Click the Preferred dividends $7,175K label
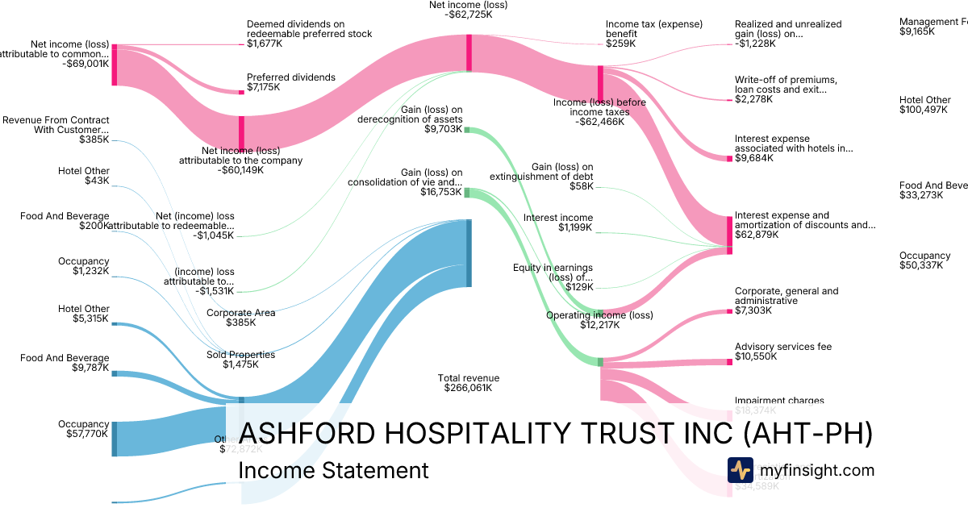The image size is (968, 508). [x=290, y=83]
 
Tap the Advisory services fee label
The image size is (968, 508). [x=782, y=352]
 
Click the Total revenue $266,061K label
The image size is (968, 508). [x=468, y=383]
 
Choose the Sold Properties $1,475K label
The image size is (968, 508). [x=240, y=360]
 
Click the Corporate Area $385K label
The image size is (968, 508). [x=240, y=318]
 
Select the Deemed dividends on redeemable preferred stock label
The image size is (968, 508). [x=309, y=34]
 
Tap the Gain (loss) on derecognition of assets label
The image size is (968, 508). [x=411, y=119]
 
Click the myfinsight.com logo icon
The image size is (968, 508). [x=740, y=470]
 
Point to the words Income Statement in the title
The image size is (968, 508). [x=334, y=470]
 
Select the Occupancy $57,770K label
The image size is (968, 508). [x=83, y=429]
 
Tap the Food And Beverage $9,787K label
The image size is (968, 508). [x=65, y=363]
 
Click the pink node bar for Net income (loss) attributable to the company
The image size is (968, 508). [x=240, y=133]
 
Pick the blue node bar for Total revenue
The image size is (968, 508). [x=468, y=252]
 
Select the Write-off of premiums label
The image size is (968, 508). [x=786, y=90]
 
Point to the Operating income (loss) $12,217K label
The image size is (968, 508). [x=599, y=320]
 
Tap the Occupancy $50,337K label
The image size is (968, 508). [x=924, y=260]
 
